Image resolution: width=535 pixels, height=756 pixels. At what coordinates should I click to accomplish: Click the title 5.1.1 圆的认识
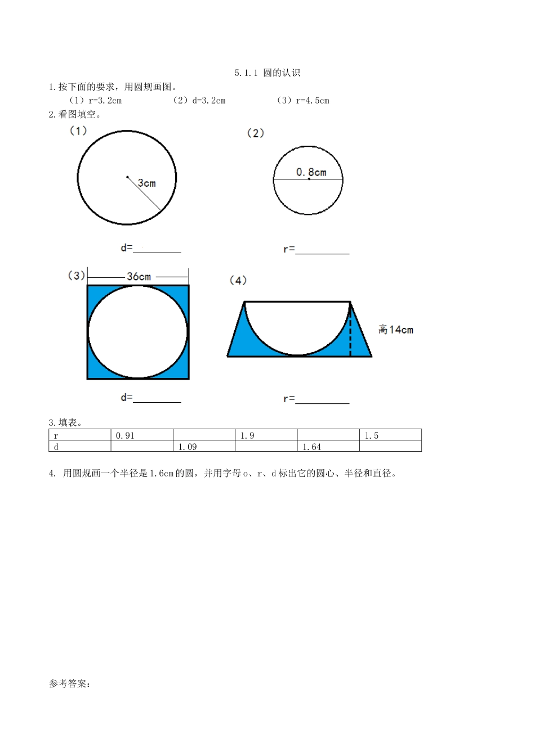(267, 73)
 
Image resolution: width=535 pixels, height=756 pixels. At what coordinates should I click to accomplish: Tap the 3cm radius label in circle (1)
(146, 183)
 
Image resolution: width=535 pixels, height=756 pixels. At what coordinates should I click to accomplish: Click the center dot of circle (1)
(127, 178)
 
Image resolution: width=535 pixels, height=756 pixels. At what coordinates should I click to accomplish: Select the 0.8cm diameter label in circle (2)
(311, 172)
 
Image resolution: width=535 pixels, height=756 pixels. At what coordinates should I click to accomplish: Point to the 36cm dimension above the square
(139, 277)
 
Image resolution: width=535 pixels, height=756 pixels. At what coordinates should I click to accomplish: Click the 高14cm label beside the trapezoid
(395, 330)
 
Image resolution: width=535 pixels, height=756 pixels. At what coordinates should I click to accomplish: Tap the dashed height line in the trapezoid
(350, 332)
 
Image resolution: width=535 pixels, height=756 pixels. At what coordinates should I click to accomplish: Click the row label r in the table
(56, 435)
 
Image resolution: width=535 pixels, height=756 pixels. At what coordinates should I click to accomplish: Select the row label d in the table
(56, 447)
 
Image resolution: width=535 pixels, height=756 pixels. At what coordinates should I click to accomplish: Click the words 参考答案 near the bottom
(69, 684)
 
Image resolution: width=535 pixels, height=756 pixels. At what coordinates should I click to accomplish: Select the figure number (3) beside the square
(77, 276)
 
